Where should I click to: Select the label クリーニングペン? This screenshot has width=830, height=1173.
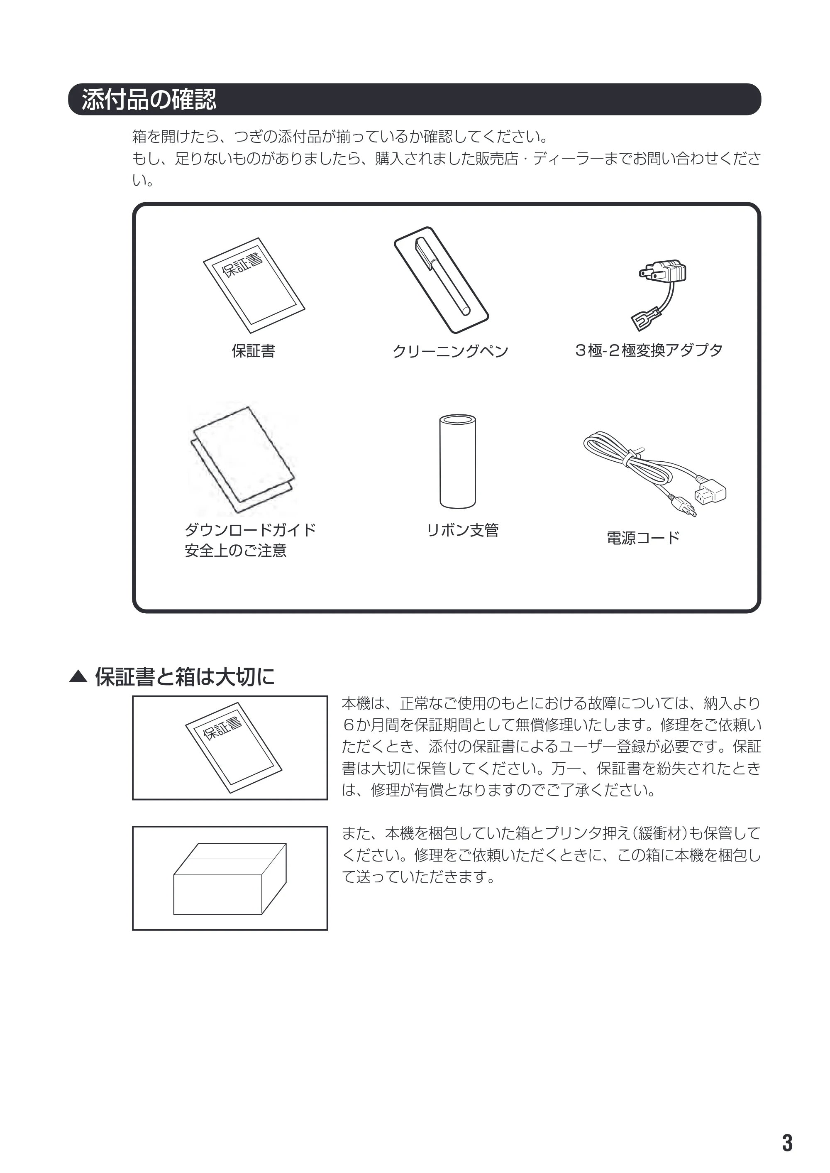point(450,351)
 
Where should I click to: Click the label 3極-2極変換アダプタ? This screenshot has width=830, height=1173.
point(649,350)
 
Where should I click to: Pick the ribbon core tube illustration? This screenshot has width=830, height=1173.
point(457,462)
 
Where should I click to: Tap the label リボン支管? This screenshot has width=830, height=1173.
point(463,530)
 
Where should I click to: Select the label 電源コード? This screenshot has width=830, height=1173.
point(643,538)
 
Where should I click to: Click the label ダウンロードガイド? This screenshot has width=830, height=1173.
point(250,530)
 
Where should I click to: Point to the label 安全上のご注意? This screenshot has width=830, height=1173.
point(236,551)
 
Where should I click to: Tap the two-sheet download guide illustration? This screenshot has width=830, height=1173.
point(243,459)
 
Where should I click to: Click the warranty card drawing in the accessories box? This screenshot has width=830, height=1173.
point(254,285)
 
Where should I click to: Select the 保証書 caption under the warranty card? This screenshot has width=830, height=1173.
point(254,351)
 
